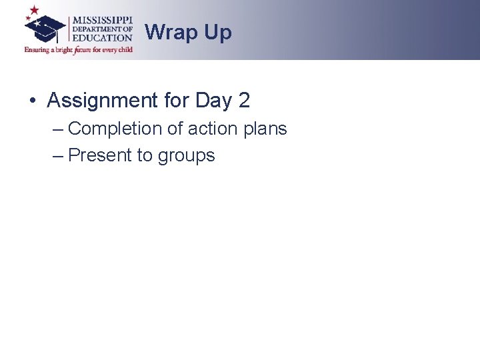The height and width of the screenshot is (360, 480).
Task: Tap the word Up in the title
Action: point(218,32)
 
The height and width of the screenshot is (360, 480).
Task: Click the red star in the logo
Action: point(34,11)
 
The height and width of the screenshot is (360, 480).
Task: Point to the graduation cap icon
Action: point(45,28)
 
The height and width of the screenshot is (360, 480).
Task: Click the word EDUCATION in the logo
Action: point(102,38)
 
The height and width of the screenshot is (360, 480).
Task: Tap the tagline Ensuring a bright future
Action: point(79,49)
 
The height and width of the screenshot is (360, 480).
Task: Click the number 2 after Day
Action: point(243,101)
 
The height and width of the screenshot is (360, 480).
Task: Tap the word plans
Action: point(265,128)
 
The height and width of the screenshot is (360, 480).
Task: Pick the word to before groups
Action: point(145,155)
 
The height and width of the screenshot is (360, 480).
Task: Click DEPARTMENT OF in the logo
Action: point(102,29)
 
